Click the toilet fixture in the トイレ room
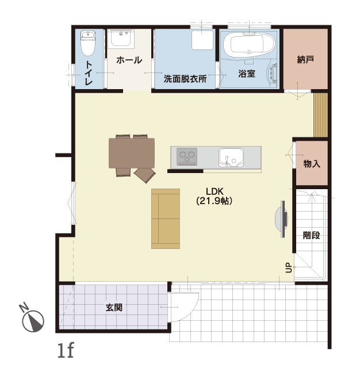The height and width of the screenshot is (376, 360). click(x=88, y=43)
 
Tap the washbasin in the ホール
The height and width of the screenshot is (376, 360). click(x=121, y=39)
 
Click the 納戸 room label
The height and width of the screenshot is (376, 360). click(x=305, y=59)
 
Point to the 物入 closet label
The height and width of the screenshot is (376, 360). click(x=312, y=164)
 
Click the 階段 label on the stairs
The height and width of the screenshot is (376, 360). click(x=312, y=235)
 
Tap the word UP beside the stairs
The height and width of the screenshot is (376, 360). click(x=289, y=267)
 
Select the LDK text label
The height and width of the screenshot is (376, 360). click(x=215, y=191)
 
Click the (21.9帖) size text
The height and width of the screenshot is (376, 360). click(x=215, y=201)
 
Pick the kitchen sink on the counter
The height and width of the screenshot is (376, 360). click(x=231, y=158)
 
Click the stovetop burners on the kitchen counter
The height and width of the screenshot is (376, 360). click(x=187, y=156)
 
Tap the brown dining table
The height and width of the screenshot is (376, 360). click(x=132, y=153)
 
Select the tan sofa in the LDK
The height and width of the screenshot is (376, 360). click(x=166, y=218)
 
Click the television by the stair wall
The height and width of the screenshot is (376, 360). click(x=282, y=219)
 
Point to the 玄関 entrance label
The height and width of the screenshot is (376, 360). click(x=114, y=308)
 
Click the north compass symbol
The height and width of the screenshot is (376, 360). click(x=32, y=319)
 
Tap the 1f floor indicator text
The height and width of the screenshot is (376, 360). click(x=66, y=350)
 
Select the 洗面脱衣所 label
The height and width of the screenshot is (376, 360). click(x=185, y=79)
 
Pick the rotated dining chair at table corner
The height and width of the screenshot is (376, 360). click(x=145, y=175)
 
